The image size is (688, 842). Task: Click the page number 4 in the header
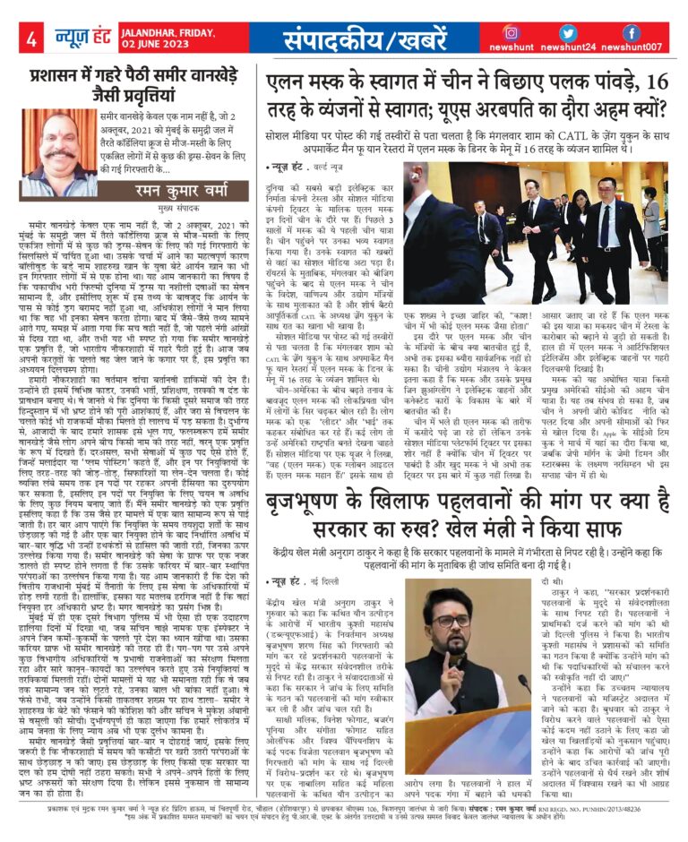(31, 39)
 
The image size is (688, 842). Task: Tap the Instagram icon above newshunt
(511, 32)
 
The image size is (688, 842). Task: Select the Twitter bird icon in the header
(568, 32)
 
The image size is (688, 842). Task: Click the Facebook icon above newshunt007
(632, 32)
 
